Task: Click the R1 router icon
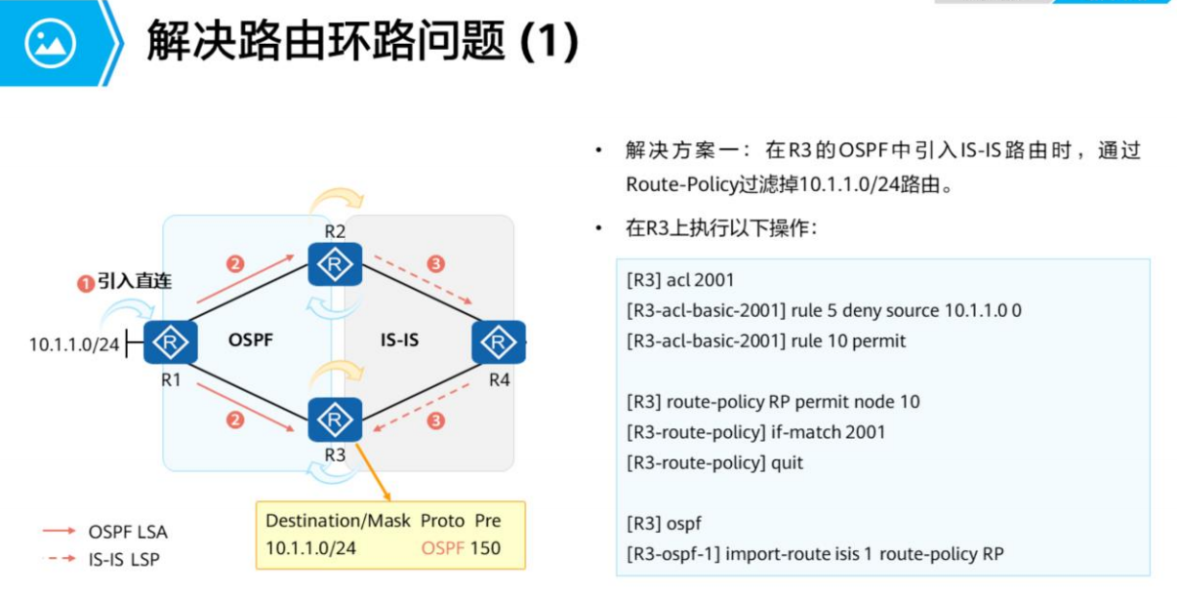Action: [x=172, y=341]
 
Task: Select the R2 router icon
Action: [x=335, y=264]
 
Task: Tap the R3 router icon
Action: [x=335, y=419]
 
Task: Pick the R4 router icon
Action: [x=499, y=341]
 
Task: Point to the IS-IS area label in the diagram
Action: [x=399, y=340]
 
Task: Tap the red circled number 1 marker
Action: [x=86, y=283]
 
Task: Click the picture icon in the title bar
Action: [x=50, y=42]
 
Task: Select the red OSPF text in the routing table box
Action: [x=443, y=548]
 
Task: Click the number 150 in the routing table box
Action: [x=485, y=548]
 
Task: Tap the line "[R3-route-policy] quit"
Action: [x=715, y=462]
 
